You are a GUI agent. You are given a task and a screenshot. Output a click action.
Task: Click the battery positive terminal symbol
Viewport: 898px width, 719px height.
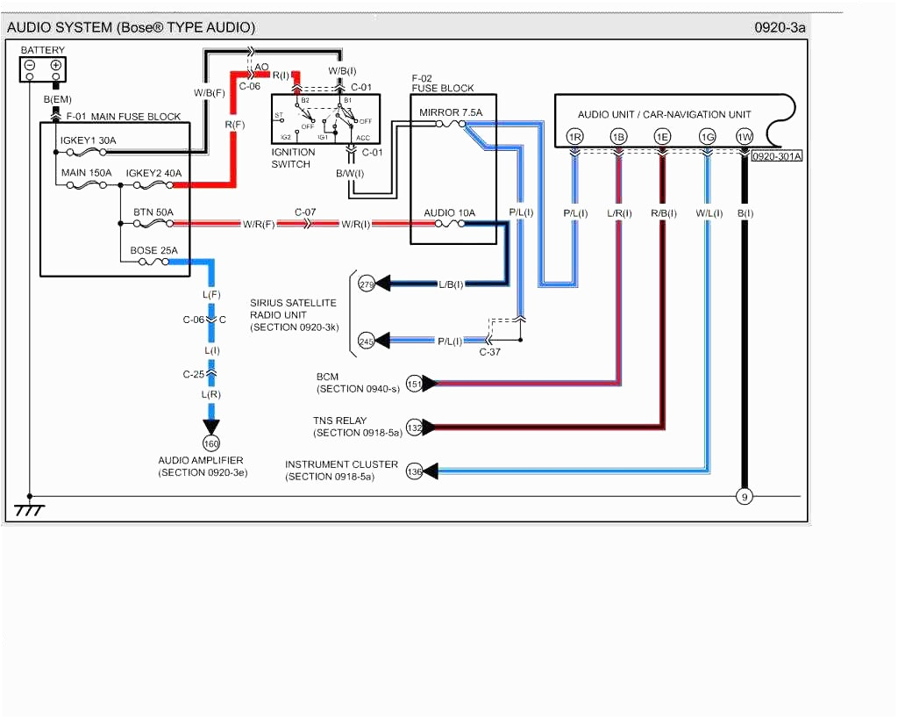56,65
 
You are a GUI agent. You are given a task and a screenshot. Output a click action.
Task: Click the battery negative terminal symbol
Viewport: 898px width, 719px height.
30,65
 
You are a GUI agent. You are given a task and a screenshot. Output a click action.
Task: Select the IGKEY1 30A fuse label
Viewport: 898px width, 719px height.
88,140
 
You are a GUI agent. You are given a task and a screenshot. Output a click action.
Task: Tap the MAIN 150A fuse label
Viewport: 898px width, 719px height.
86,173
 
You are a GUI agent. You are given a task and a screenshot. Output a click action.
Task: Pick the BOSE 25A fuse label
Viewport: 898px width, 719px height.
153,250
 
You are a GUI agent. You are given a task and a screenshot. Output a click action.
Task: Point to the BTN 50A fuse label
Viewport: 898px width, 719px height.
153,212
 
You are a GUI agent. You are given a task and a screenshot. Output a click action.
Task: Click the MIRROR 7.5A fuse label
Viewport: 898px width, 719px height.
451,112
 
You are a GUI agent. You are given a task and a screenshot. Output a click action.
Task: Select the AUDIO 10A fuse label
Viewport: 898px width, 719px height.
449,212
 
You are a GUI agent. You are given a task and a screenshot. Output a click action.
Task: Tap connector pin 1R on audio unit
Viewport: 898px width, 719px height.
574,137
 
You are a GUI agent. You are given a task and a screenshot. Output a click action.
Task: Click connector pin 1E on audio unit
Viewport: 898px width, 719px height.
662,137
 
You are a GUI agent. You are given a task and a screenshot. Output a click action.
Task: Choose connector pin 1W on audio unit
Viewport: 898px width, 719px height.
745,137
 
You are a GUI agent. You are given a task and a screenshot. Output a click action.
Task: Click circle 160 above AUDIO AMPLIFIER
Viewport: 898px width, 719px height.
211,443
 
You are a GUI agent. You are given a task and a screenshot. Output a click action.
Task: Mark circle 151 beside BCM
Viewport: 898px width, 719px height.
415,384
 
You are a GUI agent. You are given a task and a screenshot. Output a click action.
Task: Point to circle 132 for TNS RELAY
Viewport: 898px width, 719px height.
415,427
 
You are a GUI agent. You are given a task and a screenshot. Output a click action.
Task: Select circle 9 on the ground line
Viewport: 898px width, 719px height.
745,497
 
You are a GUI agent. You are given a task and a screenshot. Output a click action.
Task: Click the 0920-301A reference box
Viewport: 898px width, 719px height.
777,156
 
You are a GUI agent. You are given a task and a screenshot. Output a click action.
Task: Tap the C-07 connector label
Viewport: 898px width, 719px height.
305,212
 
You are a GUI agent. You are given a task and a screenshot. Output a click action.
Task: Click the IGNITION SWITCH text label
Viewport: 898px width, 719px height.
293,158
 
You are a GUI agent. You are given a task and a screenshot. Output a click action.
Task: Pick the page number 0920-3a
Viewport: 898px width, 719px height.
780,27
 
